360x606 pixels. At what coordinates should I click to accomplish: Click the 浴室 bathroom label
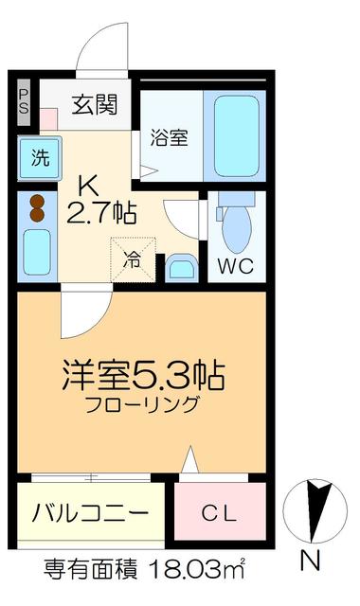click(x=171, y=137)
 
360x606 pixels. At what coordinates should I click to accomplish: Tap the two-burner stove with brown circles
click(x=37, y=207)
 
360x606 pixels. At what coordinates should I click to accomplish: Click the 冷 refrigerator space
click(x=134, y=258)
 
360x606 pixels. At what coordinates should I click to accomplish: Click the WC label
click(x=235, y=266)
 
